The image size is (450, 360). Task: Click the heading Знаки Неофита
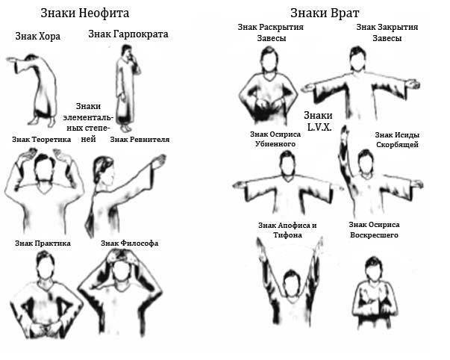(84, 13)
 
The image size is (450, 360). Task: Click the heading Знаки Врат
(325, 13)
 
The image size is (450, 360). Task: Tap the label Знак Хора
(38, 37)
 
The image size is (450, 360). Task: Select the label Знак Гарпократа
(128, 34)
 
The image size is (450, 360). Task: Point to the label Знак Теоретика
(41, 140)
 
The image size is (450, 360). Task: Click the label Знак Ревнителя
(140, 140)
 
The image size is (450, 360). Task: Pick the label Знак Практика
(43, 243)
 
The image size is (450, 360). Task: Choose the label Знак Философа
(129, 243)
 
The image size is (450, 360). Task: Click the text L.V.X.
(319, 127)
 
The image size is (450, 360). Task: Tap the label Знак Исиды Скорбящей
(397, 140)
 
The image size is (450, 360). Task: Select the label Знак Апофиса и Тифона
(287, 230)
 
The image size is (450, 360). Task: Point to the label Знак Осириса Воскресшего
(374, 230)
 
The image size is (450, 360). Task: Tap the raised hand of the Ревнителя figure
(159, 161)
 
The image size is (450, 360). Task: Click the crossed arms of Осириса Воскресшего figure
(375, 300)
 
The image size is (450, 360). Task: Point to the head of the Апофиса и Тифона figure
(291, 282)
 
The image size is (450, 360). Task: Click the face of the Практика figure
(45, 269)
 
